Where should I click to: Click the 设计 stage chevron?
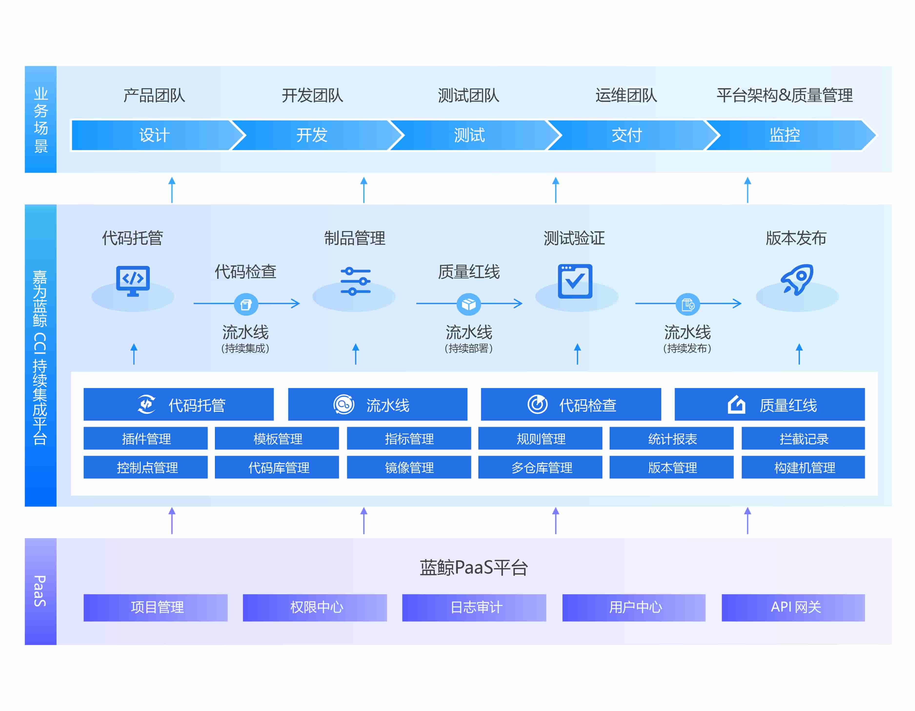(x=154, y=135)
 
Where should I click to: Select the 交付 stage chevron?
(x=627, y=135)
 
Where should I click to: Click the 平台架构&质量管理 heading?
(x=784, y=96)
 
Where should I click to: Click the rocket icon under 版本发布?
(x=797, y=280)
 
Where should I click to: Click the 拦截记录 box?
(x=803, y=438)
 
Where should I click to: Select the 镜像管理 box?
(x=409, y=467)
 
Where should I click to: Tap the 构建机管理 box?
(x=803, y=467)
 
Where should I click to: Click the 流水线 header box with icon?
(x=377, y=404)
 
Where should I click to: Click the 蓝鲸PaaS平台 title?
(x=473, y=568)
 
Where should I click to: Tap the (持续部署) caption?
(x=468, y=348)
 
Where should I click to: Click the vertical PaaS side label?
(x=40, y=591)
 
